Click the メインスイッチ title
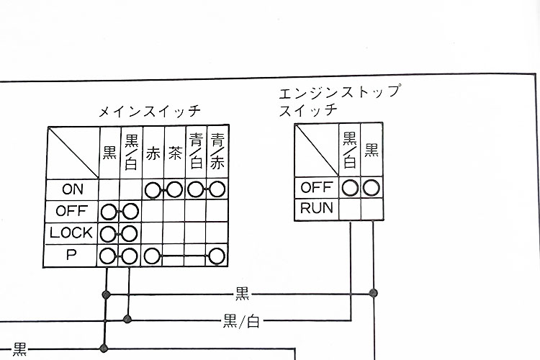coord(150,112)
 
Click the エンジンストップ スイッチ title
coord(338,101)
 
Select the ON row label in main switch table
coord(73,189)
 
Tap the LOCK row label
coord(72,233)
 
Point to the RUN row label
coord(315,210)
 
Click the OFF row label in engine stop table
coord(315,188)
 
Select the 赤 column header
coord(153,153)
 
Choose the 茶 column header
coord(174,153)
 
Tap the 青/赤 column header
coord(217,152)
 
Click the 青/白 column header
coord(195,152)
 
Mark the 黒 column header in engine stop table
coord(372,150)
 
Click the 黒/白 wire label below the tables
coord(241,321)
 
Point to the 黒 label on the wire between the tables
coord(242,293)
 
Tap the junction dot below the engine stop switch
coord(373,293)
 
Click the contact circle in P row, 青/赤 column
coord(217,256)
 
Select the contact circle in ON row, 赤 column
coord(153,190)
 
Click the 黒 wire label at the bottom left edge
coord(19,350)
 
